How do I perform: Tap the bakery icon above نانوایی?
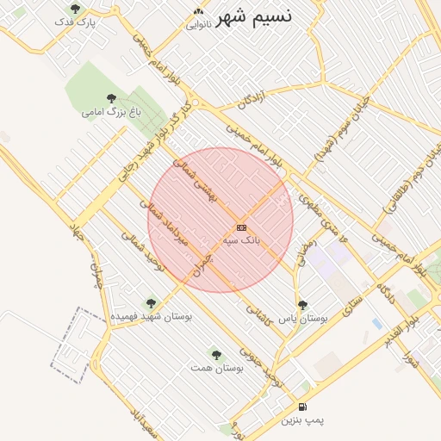click(x=199, y=11)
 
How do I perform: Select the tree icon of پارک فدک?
click(x=75, y=9)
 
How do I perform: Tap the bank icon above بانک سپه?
click(x=241, y=227)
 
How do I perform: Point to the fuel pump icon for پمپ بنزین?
click(x=301, y=407)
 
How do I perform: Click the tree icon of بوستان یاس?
click(x=301, y=305)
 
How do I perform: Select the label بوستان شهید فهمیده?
click(x=151, y=317)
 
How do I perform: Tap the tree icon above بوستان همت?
click(x=216, y=354)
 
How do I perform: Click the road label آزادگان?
click(x=257, y=96)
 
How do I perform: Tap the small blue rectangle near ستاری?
click(x=377, y=324)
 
